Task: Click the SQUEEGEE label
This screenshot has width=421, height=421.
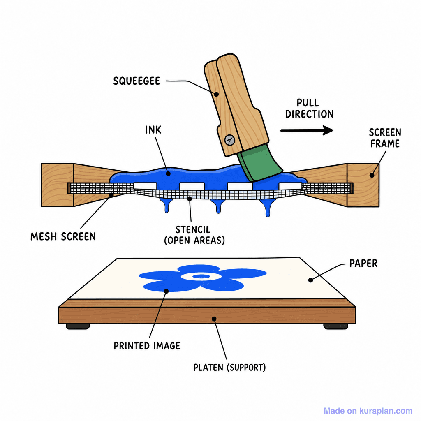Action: click(136, 81)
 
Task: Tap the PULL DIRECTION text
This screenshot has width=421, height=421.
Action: click(309, 109)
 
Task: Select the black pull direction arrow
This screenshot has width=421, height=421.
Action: click(307, 130)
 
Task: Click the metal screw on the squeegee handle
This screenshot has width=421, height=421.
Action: click(229, 140)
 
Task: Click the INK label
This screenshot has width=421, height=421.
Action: click(153, 130)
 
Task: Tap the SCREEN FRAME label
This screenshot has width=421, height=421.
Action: click(385, 138)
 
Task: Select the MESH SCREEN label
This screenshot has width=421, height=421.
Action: click(63, 236)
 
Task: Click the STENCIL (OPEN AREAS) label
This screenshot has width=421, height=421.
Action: click(194, 235)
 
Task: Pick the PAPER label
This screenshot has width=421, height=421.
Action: click(363, 264)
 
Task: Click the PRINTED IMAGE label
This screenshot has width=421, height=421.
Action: click(147, 346)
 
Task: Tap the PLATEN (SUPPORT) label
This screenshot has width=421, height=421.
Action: click(229, 367)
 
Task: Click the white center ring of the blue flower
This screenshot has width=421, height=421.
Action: click(201, 276)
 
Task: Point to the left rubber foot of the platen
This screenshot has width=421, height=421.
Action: click(78, 326)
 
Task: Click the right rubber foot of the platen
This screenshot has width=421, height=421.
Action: click(335, 326)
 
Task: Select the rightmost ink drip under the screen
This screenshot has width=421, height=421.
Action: click(267, 207)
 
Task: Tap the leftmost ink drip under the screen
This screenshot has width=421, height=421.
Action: click(167, 206)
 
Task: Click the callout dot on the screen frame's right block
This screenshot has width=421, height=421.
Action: click(372, 175)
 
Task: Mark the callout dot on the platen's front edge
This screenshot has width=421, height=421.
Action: click(214, 319)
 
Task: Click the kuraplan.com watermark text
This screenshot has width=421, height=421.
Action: click(368, 411)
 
